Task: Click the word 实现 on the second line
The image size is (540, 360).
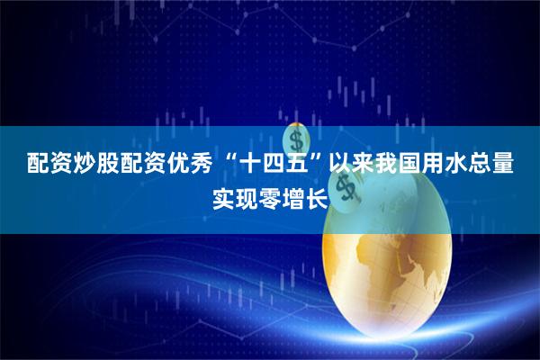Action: click(235, 196)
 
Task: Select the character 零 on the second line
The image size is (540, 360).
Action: click(270, 196)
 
